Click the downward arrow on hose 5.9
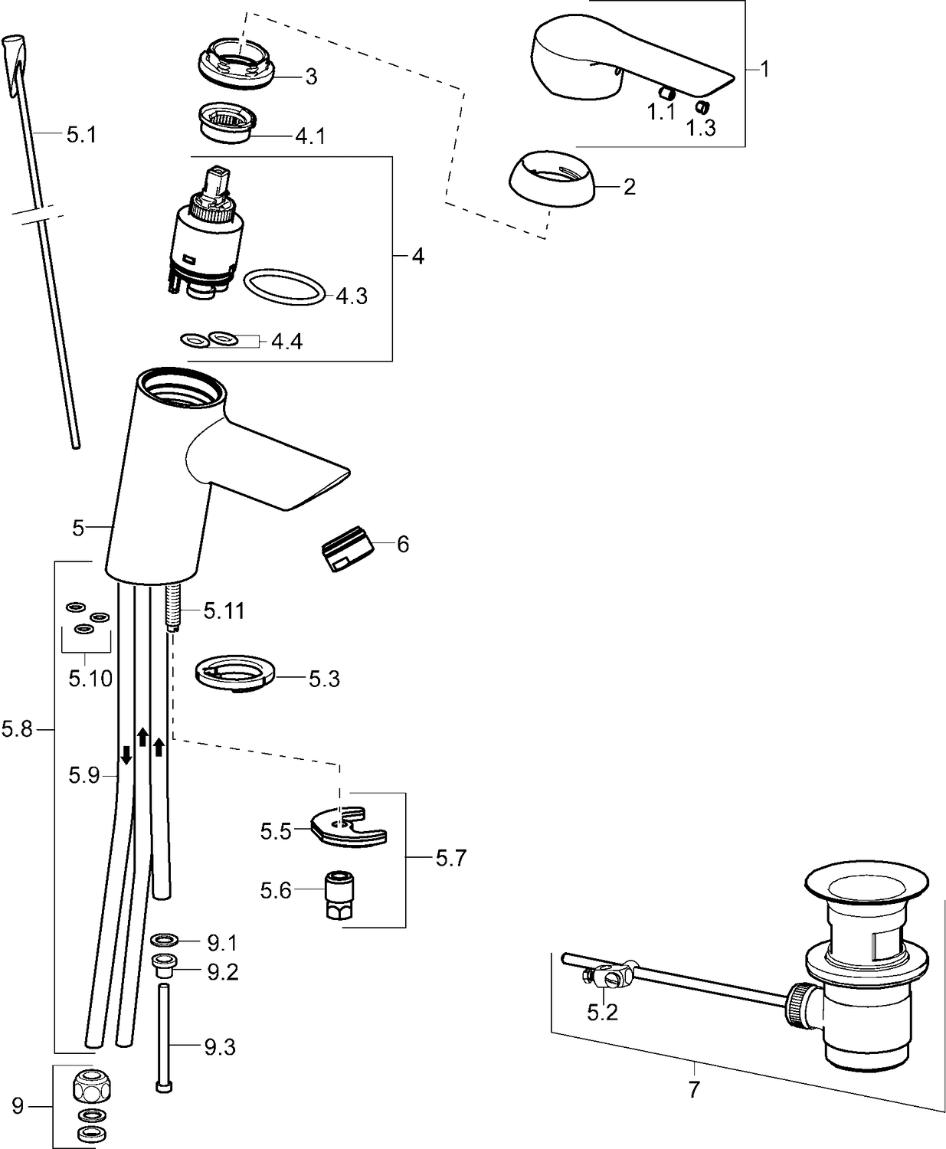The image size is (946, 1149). click(126, 757)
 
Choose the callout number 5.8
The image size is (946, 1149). click(18, 730)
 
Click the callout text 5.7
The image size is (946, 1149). click(450, 859)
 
